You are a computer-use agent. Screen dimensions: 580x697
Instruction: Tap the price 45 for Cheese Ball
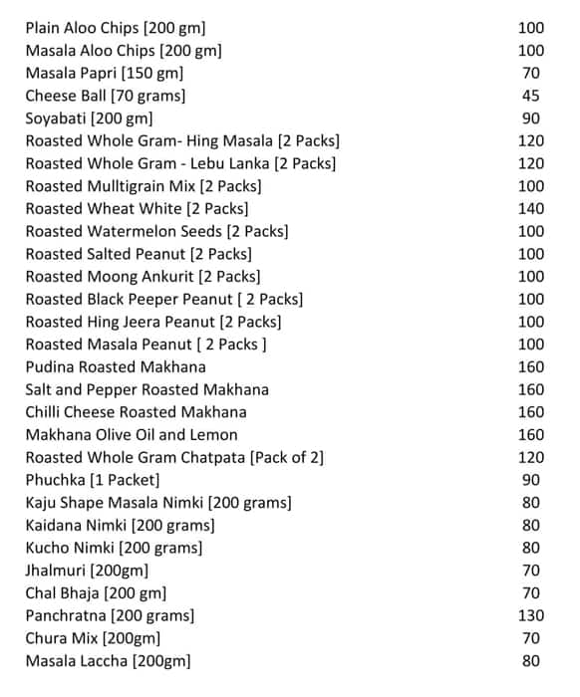pyautogui.click(x=530, y=96)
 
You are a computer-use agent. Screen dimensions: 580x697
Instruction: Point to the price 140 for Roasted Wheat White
pyautogui.click(x=530, y=208)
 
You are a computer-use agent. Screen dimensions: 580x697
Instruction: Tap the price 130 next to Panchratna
pyautogui.click(x=530, y=615)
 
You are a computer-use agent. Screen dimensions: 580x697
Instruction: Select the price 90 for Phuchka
pyautogui.click(x=530, y=480)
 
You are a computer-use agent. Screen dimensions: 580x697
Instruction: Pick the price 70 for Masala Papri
pyautogui.click(x=530, y=73)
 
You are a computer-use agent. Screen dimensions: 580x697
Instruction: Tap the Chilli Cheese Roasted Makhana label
pyautogui.click(x=136, y=412)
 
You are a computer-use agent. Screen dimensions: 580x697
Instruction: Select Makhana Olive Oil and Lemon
pyautogui.click(x=132, y=434)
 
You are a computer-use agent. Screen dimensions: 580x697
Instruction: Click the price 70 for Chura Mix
pyautogui.click(x=530, y=638)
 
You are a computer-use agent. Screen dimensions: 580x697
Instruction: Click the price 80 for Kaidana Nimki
pyautogui.click(x=530, y=525)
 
